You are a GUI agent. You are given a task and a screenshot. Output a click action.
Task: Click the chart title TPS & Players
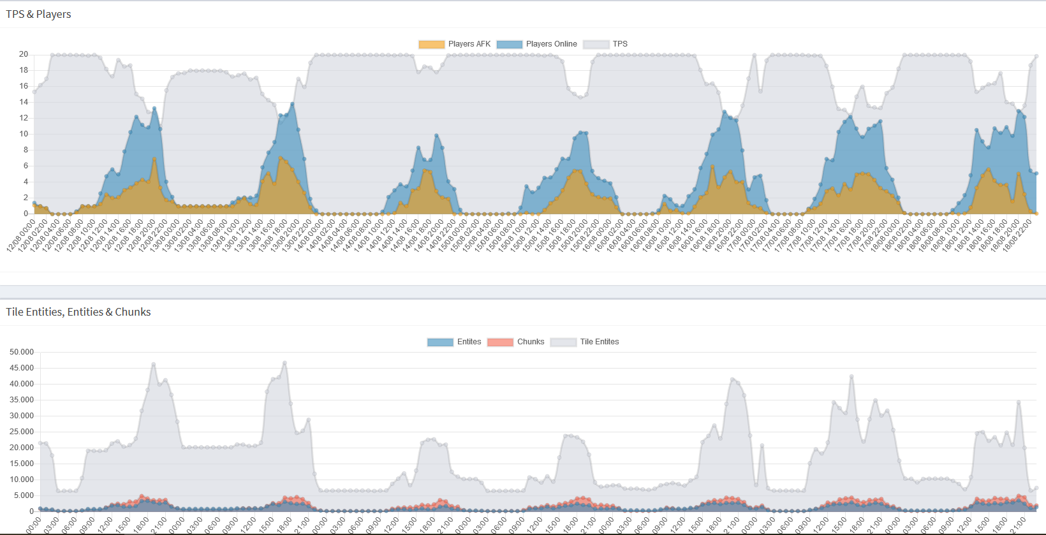click(x=38, y=14)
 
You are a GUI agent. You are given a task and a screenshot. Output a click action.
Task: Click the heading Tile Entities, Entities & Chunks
click(x=78, y=312)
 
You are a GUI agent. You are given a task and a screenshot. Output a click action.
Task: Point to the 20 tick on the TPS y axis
click(x=24, y=54)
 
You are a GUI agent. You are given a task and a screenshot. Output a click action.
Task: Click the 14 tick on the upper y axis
click(x=24, y=102)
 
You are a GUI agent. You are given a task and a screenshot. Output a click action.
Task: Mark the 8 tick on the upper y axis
click(x=26, y=150)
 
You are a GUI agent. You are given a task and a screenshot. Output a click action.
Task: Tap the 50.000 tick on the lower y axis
click(x=22, y=352)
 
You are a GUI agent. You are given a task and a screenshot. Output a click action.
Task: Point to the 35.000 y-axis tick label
click(x=22, y=400)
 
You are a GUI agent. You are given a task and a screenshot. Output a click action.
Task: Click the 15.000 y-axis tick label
click(x=22, y=464)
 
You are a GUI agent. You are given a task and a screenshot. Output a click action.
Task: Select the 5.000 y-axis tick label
click(x=24, y=495)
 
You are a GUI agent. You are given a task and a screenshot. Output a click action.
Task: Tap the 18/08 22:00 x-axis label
click(x=1018, y=235)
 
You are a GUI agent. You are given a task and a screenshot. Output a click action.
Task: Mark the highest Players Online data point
click(x=292, y=104)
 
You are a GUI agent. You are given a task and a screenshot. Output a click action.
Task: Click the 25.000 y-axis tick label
click(x=22, y=432)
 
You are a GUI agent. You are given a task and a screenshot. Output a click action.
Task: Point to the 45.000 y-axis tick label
click(x=22, y=368)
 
